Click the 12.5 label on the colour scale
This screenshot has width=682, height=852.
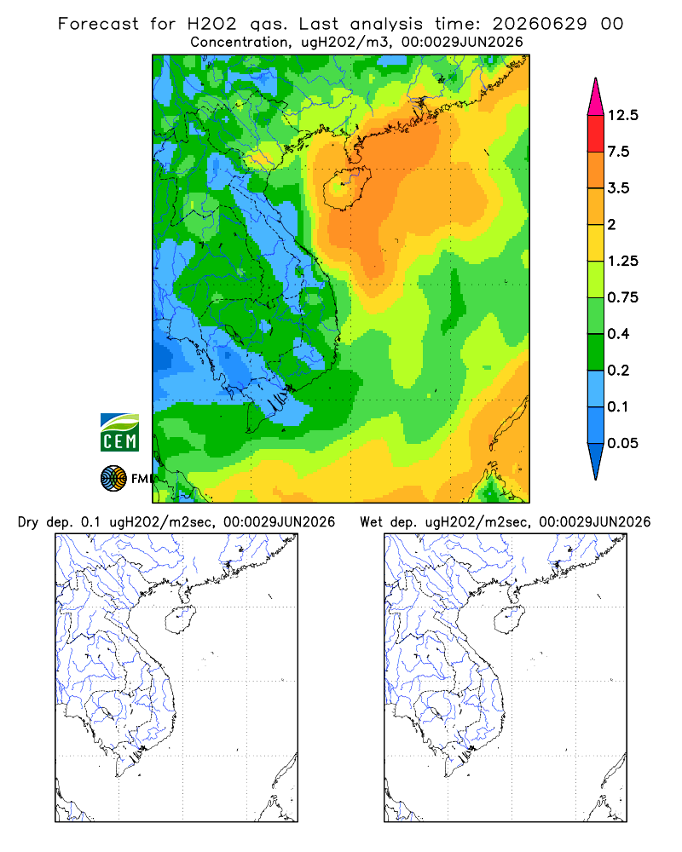click(x=622, y=115)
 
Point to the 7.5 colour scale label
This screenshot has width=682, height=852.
click(x=618, y=152)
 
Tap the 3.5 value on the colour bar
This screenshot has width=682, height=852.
click(x=618, y=188)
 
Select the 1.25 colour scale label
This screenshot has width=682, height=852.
click(x=622, y=261)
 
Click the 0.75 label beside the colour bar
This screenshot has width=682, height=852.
click(x=622, y=297)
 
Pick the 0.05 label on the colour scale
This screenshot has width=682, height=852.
click(x=622, y=443)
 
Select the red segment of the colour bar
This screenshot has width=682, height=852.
click(x=596, y=134)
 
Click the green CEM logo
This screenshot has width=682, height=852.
click(x=119, y=433)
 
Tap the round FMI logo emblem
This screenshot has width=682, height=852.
click(x=113, y=479)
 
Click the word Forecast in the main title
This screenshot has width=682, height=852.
click(x=98, y=24)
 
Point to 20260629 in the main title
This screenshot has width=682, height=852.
click(x=540, y=24)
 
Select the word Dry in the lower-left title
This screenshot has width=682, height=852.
click(x=28, y=522)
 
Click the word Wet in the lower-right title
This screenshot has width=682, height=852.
click(x=372, y=522)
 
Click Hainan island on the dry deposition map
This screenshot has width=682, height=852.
click(x=180, y=619)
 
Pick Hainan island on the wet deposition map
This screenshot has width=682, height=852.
click(x=509, y=619)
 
